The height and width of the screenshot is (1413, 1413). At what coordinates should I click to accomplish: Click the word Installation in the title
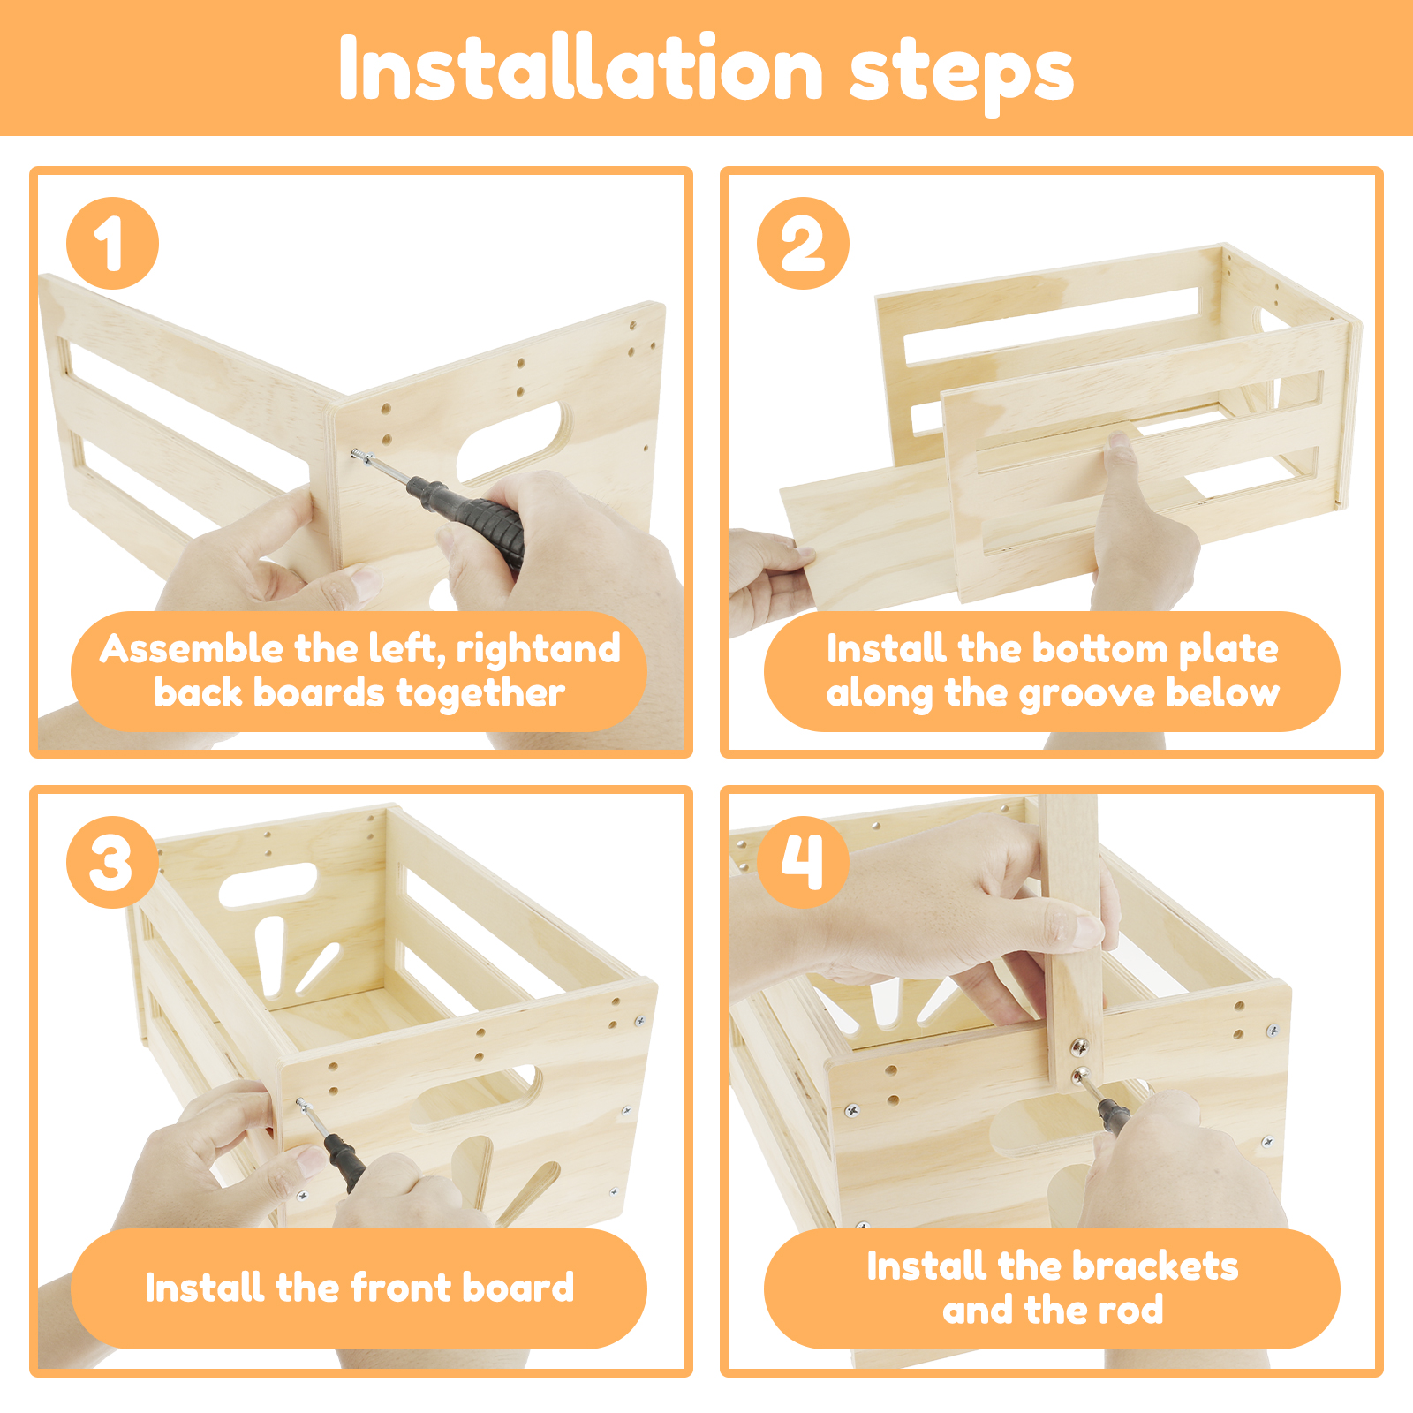(581, 70)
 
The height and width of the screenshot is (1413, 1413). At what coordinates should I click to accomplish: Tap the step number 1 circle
(112, 243)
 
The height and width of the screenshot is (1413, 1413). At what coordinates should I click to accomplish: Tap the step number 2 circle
(803, 243)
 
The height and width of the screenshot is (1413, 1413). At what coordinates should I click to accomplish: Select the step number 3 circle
(112, 862)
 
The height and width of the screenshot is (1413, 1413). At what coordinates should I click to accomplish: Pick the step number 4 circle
(803, 862)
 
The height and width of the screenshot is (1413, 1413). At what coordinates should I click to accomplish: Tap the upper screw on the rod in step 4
(1080, 1047)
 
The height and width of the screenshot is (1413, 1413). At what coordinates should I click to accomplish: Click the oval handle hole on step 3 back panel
(268, 885)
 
